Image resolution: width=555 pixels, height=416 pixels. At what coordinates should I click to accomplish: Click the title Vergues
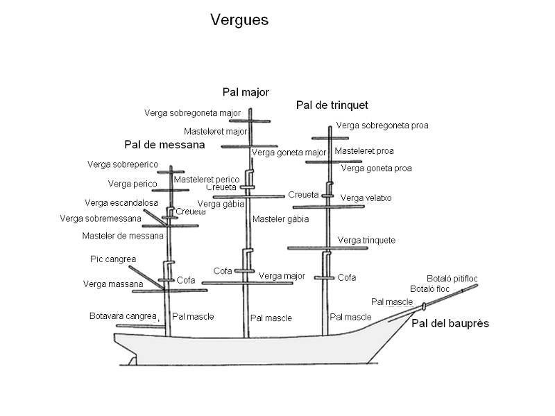pos(239,21)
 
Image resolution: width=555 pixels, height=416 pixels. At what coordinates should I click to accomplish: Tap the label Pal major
pos(246,92)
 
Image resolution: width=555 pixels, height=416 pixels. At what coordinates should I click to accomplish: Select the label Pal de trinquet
pos(332,105)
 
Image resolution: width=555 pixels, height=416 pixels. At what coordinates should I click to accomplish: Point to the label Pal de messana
pos(164,145)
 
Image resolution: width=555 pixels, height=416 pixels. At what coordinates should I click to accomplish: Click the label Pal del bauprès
pos(450,323)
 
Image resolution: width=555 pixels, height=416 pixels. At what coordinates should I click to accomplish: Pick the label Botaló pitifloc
pos(452,279)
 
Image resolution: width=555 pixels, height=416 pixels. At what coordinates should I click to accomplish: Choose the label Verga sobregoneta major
pos(192,113)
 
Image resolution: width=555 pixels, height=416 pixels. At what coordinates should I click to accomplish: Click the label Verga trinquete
pos(366,241)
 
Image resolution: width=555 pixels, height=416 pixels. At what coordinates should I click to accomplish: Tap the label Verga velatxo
pos(366,198)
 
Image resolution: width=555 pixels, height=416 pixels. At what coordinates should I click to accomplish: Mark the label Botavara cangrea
pos(123,316)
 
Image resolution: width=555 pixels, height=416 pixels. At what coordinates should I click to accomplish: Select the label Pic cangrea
pos(113,259)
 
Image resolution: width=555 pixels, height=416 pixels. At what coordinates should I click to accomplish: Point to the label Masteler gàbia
pos(280,219)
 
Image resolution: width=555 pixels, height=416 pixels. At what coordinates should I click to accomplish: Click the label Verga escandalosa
pos(121,203)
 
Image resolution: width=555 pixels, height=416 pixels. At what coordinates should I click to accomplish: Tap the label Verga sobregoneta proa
pos(382,125)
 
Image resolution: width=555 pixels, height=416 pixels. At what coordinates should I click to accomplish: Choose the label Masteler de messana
pos(123,236)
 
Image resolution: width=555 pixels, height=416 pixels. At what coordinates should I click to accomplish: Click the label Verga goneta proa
pos(376,168)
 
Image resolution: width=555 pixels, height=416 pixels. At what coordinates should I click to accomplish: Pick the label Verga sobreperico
pos(123,164)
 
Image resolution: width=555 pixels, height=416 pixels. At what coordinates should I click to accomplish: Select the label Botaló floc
pos(430,288)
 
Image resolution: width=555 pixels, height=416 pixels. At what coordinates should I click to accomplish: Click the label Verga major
pos(282,276)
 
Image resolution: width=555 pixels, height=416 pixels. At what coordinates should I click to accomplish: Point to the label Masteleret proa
pos(364,151)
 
